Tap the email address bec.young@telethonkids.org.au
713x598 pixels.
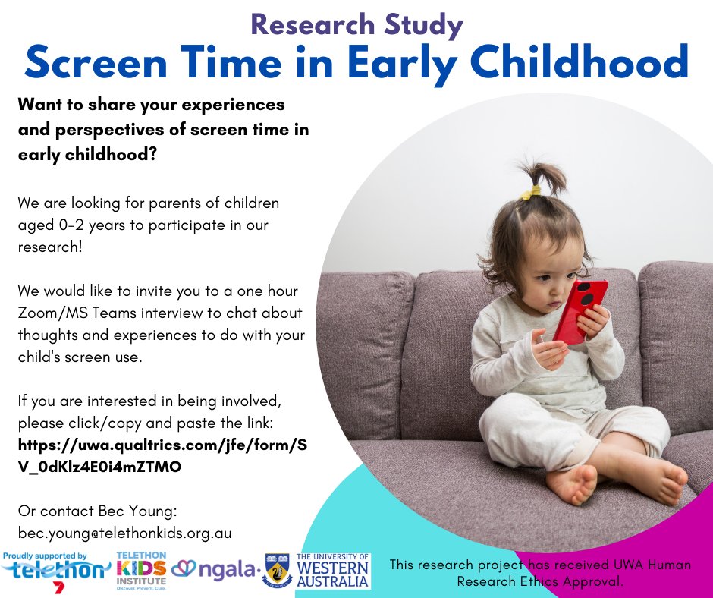click(124, 533)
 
